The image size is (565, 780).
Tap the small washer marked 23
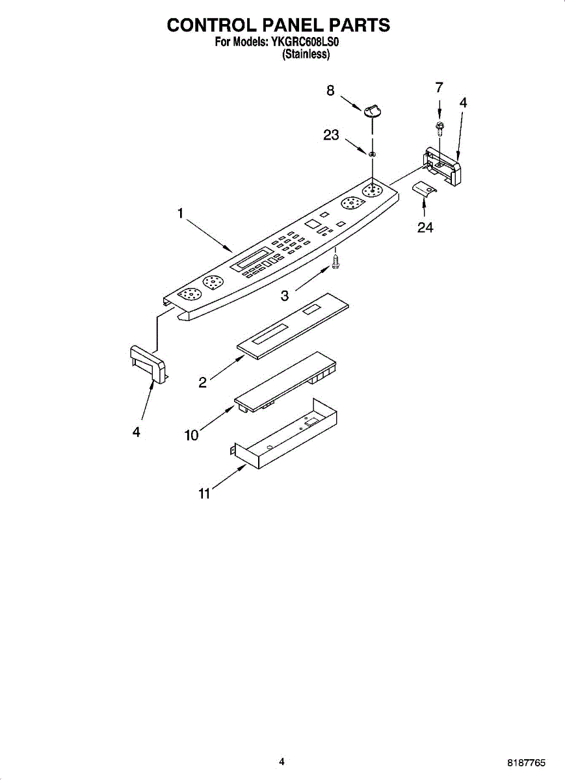coord(372,154)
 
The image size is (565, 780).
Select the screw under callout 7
coord(440,127)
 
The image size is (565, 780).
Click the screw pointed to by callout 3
coord(335,261)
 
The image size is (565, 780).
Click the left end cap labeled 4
coord(147,363)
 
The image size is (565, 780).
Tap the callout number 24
coord(425,227)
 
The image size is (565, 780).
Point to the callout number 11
coord(204,494)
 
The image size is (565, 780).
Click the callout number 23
coord(331,135)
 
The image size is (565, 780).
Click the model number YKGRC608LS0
coord(306,44)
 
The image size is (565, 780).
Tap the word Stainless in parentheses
coord(306,55)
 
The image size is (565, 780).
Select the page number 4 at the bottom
coord(282,761)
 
